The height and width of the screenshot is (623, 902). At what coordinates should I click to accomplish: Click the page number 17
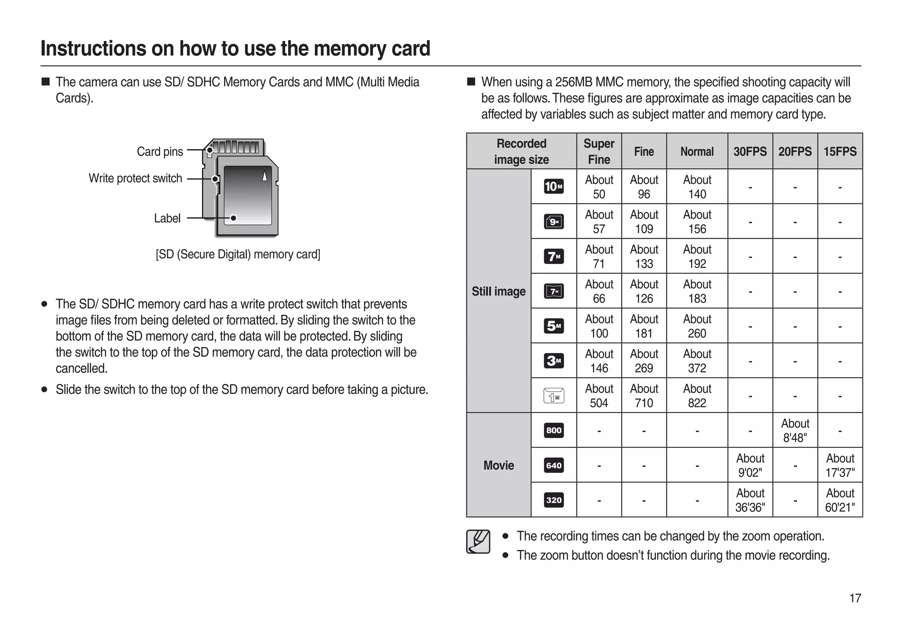tap(855, 598)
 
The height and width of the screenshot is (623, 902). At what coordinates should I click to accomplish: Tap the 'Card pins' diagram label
tap(160, 151)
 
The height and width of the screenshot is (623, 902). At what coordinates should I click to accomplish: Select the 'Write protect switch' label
tap(135, 178)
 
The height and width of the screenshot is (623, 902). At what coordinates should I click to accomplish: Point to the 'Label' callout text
tap(167, 218)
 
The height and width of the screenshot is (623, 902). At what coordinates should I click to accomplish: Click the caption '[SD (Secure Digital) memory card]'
tap(238, 254)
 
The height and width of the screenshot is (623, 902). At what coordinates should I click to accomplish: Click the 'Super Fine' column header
tap(599, 151)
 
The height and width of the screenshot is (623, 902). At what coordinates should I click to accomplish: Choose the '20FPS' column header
tap(795, 151)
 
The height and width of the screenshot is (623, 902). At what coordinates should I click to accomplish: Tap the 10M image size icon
tap(554, 187)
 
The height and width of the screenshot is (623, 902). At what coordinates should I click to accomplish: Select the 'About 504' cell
tap(599, 395)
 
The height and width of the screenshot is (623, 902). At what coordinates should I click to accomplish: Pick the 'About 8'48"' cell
tap(795, 430)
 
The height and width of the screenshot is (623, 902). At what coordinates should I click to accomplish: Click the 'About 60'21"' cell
tap(840, 500)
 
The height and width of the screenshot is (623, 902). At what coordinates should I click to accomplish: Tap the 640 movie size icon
tap(554, 465)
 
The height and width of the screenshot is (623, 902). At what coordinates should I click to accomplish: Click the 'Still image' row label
tap(499, 291)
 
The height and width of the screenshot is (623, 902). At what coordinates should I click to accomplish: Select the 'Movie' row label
tap(499, 465)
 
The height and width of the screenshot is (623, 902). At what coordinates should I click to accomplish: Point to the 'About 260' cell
tap(697, 326)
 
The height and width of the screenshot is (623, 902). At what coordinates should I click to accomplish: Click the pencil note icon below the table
tap(478, 542)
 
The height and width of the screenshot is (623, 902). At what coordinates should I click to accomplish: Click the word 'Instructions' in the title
tap(93, 48)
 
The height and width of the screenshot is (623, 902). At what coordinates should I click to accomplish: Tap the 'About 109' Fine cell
tap(644, 221)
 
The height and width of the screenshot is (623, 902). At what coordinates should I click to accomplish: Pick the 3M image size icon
tap(554, 361)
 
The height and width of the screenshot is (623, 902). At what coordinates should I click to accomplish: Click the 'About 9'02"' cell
tap(750, 465)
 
